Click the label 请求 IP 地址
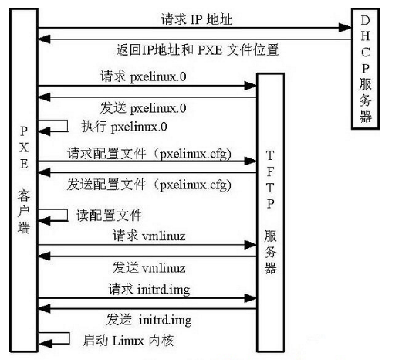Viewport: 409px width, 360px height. coord(197,19)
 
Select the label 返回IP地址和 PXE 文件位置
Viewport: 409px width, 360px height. coord(198,50)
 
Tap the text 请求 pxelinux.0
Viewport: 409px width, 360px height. coord(144,76)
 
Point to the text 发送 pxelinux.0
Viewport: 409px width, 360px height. coord(144,108)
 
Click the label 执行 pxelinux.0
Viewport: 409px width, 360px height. coord(124,127)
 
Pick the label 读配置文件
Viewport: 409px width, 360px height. coord(110,216)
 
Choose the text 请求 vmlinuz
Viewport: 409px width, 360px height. coord(149,236)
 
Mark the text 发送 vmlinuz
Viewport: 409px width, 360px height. coord(149,268)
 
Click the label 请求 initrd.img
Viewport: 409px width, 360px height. coord(149,290)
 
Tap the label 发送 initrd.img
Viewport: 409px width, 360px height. coord(149,320)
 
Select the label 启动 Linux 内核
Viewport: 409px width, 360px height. coord(128,341)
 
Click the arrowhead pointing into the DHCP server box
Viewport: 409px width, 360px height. coord(345,28)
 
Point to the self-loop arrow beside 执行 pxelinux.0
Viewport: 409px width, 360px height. coord(68,126)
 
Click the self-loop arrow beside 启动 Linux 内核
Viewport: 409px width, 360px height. coord(69,338)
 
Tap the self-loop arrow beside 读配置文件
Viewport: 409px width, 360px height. coord(68,216)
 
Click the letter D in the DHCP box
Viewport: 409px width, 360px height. coord(365,20)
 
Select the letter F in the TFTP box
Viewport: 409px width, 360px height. coord(270,172)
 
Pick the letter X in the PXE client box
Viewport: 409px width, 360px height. coord(24,148)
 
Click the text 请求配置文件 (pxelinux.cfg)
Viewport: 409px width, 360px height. coord(149,154)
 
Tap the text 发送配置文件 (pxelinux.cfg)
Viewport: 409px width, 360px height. coord(149,185)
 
